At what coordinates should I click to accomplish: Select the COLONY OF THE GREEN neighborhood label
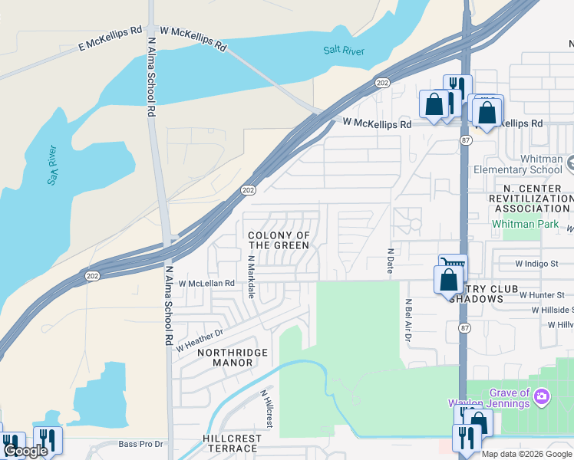(279, 241)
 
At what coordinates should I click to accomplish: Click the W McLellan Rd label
(206, 283)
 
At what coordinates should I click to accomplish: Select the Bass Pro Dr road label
(141, 444)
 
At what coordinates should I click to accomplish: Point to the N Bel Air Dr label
(408, 320)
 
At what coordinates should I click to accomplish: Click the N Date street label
(390, 262)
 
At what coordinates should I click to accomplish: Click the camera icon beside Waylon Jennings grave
(543, 396)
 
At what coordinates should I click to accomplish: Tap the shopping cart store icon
(452, 264)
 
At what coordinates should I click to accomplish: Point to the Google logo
(25, 451)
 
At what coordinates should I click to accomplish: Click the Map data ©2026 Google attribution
(526, 454)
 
